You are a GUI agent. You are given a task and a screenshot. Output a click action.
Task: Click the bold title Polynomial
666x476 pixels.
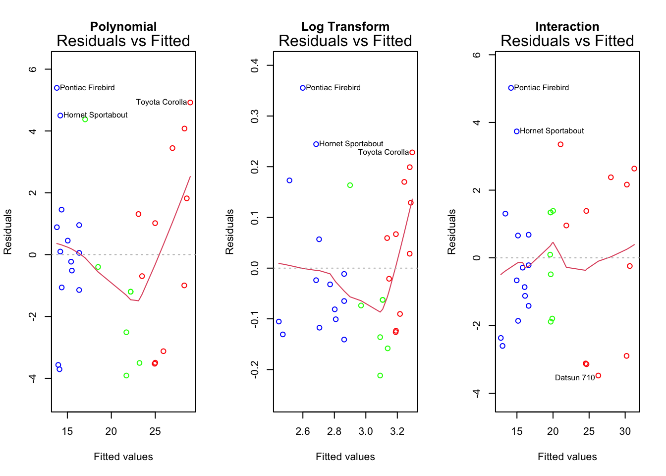(123, 26)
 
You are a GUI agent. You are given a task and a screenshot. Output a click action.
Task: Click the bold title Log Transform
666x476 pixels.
(345, 26)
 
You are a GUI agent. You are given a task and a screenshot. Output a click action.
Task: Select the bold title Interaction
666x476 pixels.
(567, 26)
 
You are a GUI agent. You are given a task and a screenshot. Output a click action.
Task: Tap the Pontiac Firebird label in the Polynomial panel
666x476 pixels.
(87, 88)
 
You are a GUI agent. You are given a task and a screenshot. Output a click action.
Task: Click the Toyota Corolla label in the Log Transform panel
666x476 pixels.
(384, 152)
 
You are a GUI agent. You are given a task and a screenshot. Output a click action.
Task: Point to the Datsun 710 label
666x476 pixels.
(575, 378)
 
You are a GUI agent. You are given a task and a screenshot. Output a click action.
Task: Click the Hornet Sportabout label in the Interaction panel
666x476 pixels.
(552, 131)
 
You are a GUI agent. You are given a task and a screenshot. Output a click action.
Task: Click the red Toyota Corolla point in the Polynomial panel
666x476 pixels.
(190, 103)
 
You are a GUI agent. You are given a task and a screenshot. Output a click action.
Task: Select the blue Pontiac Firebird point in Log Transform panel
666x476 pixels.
(303, 88)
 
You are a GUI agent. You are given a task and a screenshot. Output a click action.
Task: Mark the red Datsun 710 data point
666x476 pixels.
(598, 376)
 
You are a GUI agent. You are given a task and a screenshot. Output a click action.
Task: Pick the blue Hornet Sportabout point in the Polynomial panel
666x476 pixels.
(60, 116)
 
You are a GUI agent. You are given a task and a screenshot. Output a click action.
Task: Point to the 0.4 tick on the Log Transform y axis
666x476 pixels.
(255, 65)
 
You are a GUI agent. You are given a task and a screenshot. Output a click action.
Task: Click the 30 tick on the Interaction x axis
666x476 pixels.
(625, 431)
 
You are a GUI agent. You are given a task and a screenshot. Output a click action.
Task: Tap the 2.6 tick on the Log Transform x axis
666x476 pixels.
(303, 431)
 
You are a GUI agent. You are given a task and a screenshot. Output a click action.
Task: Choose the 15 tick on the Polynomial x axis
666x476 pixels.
(67, 431)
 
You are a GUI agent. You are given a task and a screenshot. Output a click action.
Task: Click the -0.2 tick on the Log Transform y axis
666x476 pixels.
(255, 369)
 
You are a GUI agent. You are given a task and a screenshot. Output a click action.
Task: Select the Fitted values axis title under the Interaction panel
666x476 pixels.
(567, 457)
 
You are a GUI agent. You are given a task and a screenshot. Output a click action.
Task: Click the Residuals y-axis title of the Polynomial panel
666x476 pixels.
(8, 232)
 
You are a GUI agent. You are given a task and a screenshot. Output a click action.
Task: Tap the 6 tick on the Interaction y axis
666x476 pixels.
(477, 55)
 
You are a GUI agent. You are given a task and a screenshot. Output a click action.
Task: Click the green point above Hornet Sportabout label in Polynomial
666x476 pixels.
(85, 119)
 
